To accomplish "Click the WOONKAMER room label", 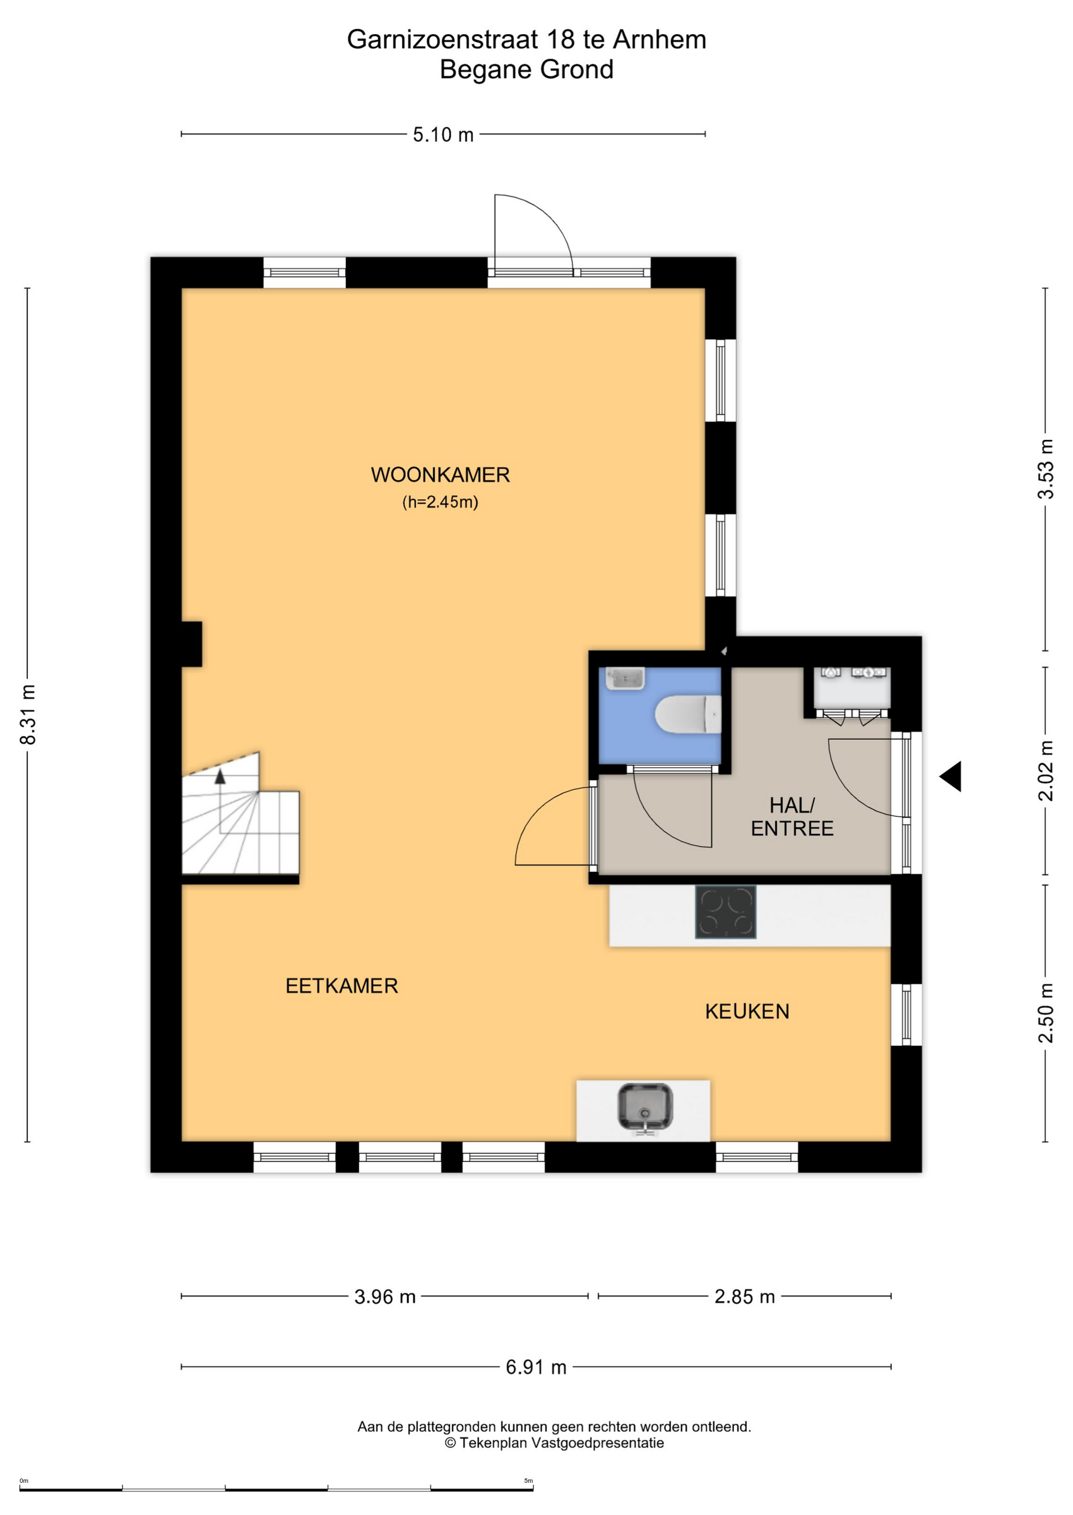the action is point(440,475).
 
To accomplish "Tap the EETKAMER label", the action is point(341,986).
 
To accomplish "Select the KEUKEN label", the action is point(747,1011).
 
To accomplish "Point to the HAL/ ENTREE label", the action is point(792,817).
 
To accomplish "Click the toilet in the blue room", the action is point(688,714).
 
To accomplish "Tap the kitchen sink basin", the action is point(645,1106).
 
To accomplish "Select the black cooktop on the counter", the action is point(725,912).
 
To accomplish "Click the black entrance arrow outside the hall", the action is point(951,776).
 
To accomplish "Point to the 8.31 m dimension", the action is point(28,715).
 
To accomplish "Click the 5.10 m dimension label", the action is point(443,135).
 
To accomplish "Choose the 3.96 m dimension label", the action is point(385,1297).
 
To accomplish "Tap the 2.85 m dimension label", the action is point(745,1297).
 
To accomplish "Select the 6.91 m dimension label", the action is point(536,1367).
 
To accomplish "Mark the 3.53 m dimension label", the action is point(1046,469).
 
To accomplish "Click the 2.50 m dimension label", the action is point(1046,1014).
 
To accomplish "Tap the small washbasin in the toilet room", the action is point(625,679).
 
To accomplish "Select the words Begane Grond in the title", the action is point(526,69).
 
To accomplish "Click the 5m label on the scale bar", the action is point(528,1481).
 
